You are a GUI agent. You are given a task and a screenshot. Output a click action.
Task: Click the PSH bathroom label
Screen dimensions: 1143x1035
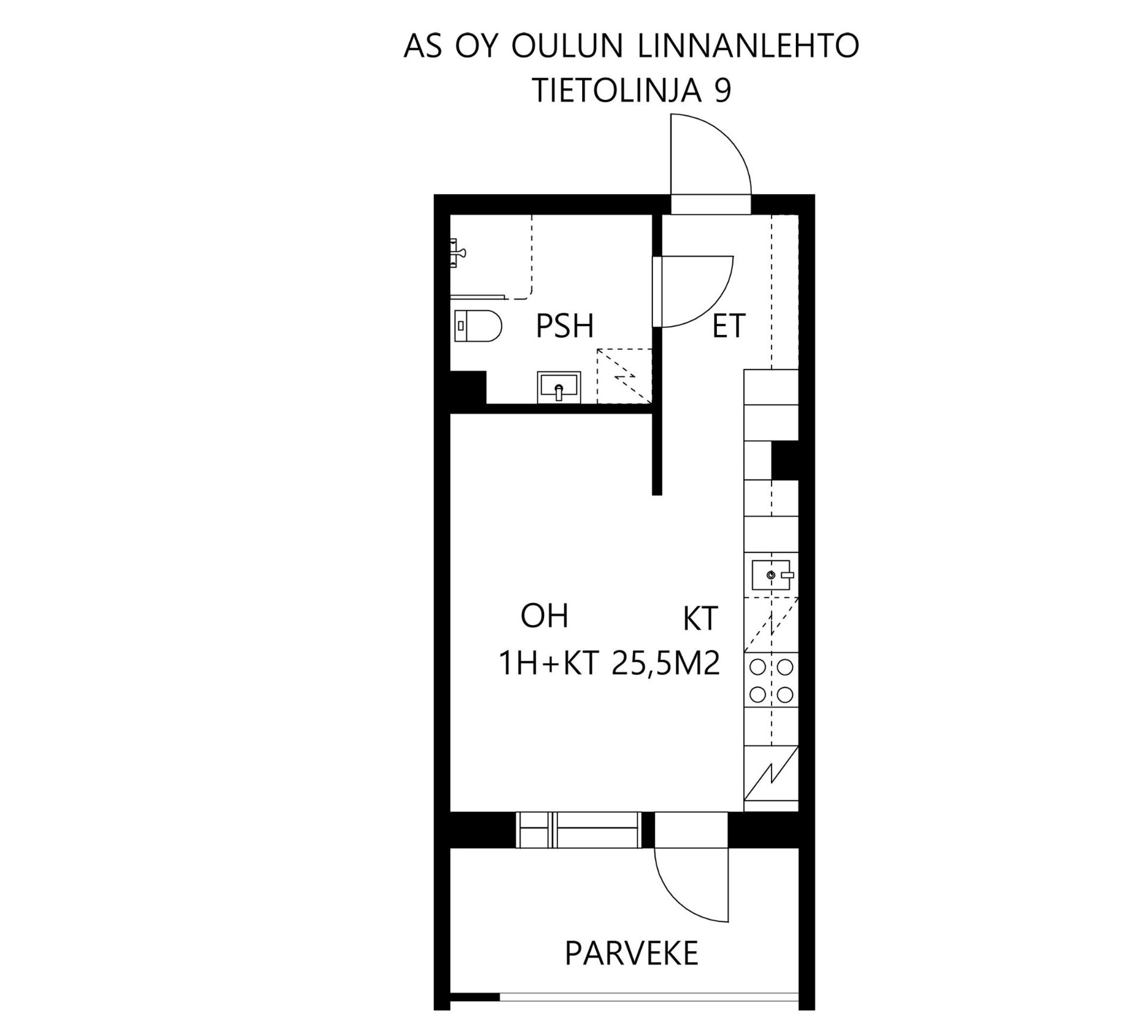pos(564,326)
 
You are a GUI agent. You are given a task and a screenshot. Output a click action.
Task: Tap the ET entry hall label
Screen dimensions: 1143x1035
pos(729,326)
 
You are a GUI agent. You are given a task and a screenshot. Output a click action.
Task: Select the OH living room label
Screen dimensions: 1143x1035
pos(544,616)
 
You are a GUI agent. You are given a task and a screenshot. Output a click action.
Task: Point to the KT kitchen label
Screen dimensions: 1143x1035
pos(701,619)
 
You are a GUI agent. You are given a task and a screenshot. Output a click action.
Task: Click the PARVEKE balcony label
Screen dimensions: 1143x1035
pos(631,953)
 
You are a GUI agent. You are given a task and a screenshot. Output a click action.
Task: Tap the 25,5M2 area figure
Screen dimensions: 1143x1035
pos(666,664)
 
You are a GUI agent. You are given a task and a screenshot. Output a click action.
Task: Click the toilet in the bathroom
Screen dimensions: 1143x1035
pos(478,326)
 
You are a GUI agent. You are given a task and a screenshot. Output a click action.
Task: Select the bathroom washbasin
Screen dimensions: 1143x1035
pos(558,387)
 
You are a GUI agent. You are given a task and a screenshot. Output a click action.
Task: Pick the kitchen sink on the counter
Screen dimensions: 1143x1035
pos(771,575)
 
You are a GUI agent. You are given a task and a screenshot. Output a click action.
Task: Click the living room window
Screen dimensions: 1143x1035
pos(579,830)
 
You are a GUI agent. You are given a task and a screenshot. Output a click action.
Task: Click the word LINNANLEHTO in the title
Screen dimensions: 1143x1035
pos(748,46)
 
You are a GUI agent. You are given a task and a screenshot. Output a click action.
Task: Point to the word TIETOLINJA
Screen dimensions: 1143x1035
pos(616,90)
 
